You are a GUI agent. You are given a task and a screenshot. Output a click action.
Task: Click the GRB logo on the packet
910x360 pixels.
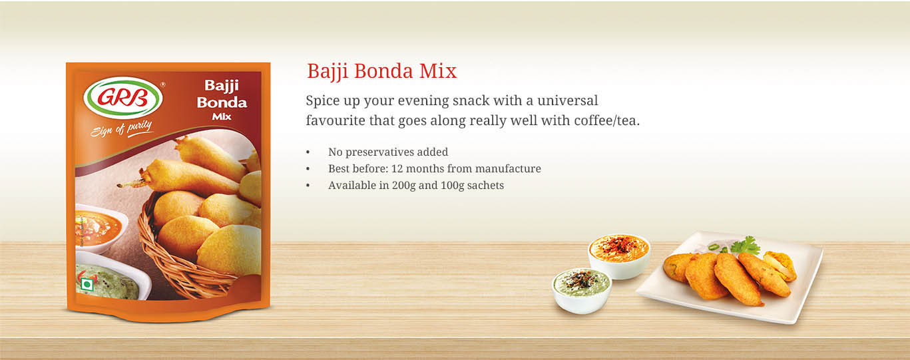[123, 98]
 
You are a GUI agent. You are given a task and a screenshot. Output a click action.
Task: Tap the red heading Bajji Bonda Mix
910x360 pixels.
[382, 71]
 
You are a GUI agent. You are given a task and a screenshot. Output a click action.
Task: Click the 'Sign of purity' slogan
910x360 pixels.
[121, 128]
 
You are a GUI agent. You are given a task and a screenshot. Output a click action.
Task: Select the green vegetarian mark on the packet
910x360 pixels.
[87, 285]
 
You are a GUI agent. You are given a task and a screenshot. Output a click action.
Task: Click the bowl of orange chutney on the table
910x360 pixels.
[619, 256]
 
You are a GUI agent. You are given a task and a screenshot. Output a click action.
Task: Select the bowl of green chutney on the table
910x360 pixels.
[582, 290]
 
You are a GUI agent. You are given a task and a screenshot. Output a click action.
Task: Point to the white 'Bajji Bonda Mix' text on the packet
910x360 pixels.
[222, 100]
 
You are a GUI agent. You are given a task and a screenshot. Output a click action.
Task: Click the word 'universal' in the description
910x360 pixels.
[568, 100]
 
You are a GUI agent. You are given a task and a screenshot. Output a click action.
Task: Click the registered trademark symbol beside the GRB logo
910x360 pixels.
[163, 85]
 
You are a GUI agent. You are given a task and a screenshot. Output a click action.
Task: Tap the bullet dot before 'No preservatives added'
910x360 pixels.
[308, 152]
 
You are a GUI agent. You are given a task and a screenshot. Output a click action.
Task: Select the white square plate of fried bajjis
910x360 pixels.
[730, 277]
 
